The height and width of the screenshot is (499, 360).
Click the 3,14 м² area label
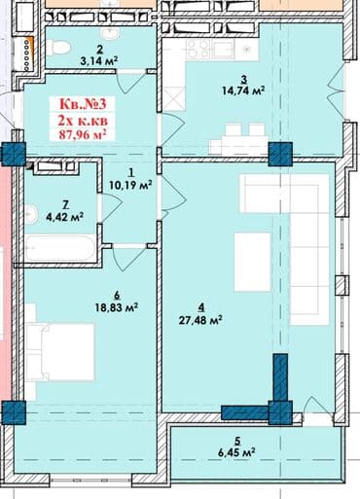[98, 61]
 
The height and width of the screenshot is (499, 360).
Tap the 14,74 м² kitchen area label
[243, 90]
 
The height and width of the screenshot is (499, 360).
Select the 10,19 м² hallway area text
[131, 185]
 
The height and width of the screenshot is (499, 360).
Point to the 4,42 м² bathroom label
[65, 216]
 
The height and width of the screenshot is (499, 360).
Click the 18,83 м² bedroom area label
[117, 307]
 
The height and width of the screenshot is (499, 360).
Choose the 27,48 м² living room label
[200, 320]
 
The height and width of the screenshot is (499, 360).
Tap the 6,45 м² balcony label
[236, 452]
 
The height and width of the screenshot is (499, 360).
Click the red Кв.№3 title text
[83, 104]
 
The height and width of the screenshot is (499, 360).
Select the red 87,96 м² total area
[83, 134]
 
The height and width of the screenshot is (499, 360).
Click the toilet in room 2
[58, 48]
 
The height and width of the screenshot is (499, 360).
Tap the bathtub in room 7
[60, 248]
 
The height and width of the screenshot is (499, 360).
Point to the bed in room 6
[60, 352]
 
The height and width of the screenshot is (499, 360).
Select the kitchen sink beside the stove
[222, 50]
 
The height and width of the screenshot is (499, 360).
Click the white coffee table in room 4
[252, 262]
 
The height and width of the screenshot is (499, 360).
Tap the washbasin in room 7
[31, 214]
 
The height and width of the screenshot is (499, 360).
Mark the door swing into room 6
[128, 258]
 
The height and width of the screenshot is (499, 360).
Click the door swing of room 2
[129, 81]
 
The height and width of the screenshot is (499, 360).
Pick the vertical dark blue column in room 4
[280, 377]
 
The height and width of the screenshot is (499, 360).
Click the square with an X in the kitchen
[173, 99]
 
